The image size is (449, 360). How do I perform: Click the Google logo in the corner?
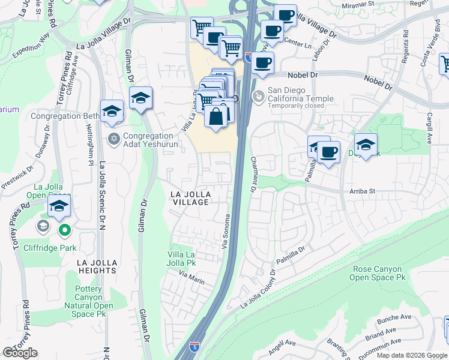pos(20,353)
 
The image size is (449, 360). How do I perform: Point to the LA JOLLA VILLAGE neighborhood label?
pos(190,198)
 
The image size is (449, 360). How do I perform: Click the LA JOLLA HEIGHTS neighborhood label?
pos(96,266)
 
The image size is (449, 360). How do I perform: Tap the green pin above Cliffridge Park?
pos(64,230)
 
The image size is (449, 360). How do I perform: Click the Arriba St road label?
pos(362,191)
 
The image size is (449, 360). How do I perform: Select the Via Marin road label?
pos(192,276)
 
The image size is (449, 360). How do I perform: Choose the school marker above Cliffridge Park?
pos(58,205)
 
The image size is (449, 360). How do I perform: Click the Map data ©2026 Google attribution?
pos(412,355)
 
